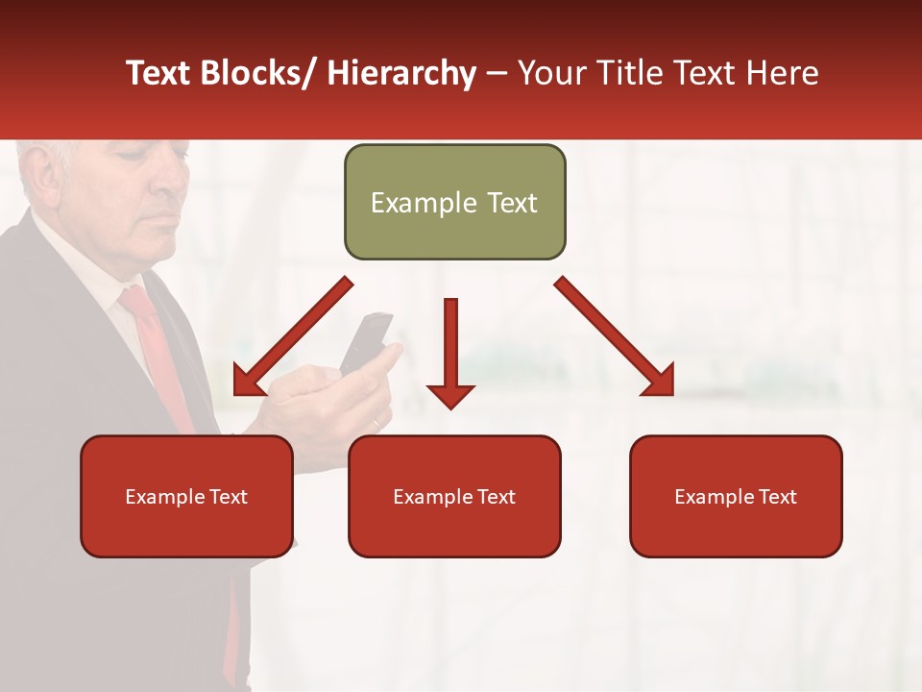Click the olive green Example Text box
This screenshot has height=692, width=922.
pyautogui.click(x=454, y=202)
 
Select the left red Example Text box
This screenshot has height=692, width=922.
pyautogui.click(x=186, y=496)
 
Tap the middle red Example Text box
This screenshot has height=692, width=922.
pyautogui.click(x=454, y=496)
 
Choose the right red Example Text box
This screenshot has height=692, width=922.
pyautogui.click(x=736, y=496)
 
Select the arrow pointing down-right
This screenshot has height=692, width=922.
pyautogui.click(x=615, y=337)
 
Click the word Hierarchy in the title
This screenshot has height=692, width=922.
pyautogui.click(x=400, y=73)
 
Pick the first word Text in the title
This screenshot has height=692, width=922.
pyautogui.click(x=158, y=73)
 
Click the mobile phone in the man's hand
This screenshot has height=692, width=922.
pyautogui.click(x=367, y=342)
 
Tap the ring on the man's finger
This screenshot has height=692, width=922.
pyautogui.click(x=376, y=424)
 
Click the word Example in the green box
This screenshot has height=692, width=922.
pyautogui.click(x=410, y=203)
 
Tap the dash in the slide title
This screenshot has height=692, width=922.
pyautogui.click(x=497, y=73)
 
